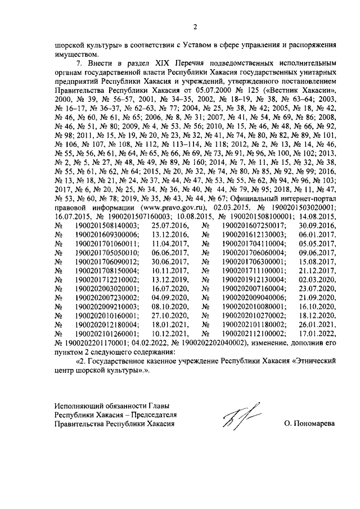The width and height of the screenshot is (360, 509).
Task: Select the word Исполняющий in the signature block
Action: [x=76, y=406]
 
